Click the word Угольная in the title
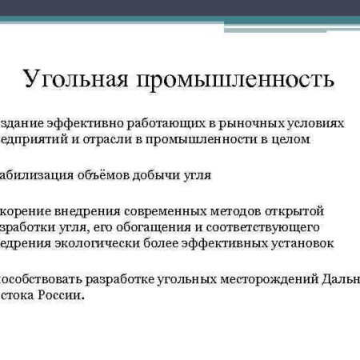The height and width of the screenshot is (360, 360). (77, 81)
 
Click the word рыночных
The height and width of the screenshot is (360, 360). (243, 124)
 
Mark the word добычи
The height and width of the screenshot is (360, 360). (157, 175)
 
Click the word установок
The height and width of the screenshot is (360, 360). (299, 243)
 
